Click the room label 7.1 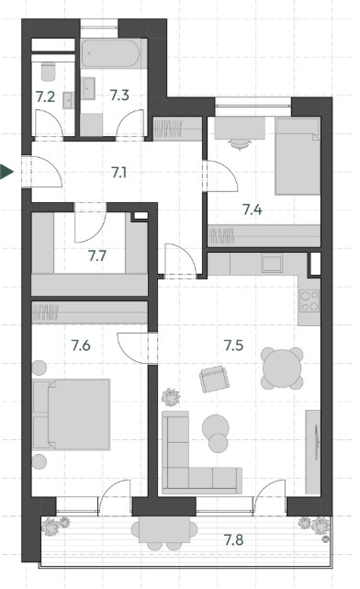(119, 173)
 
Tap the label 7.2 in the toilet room (45, 96)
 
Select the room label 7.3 (119, 95)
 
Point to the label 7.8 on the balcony (233, 540)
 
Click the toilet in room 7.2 (49, 72)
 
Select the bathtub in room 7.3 (110, 53)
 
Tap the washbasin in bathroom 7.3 (88, 88)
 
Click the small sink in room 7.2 (68, 100)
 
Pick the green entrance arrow (6, 172)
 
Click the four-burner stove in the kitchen (309, 300)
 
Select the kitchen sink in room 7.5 (272, 263)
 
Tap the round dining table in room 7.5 (282, 368)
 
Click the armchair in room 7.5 (214, 379)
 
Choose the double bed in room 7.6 (72, 414)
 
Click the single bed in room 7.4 (298, 156)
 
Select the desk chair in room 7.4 (240, 144)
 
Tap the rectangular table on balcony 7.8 (164, 529)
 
